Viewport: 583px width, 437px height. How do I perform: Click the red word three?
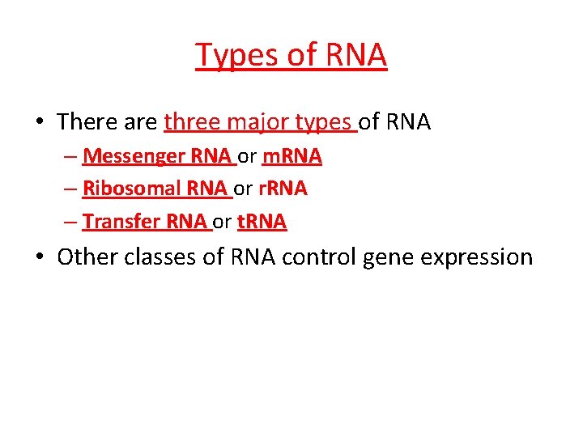191,122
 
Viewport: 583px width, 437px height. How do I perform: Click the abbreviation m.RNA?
291,156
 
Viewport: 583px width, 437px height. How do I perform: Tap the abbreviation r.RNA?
283,189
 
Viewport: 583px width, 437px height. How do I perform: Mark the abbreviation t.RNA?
262,221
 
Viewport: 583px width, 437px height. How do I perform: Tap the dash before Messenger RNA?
72,157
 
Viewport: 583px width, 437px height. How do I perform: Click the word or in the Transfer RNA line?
222,221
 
